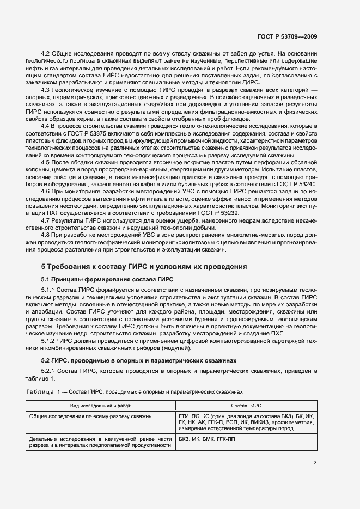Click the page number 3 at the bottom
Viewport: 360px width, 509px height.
point(315,463)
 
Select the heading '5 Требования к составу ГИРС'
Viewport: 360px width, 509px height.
point(144,267)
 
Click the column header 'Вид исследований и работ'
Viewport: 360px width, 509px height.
point(101,407)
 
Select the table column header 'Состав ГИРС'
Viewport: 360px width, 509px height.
point(246,407)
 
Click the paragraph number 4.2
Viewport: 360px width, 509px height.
point(46,53)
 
